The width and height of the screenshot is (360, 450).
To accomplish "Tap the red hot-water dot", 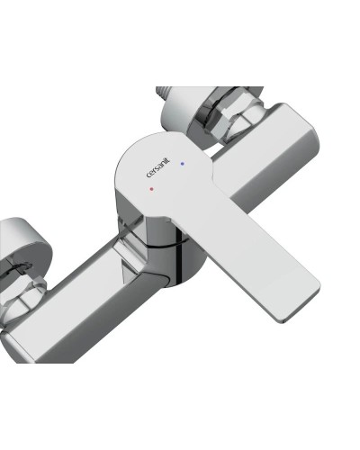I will [154, 191].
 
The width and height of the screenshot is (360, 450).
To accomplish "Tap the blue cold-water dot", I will [183, 164].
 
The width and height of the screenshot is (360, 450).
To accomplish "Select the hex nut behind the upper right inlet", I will [225, 122].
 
